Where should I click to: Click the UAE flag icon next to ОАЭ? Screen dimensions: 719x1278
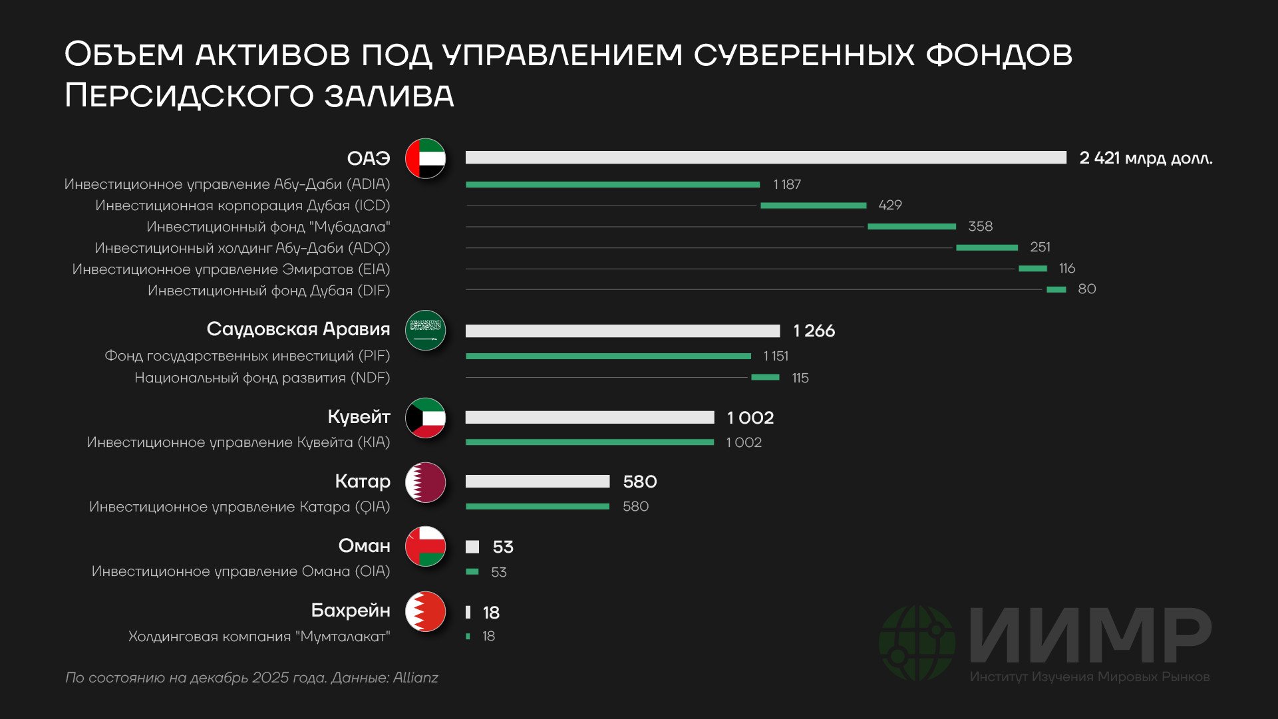pos(425,158)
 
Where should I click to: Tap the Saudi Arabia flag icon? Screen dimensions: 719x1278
pos(425,330)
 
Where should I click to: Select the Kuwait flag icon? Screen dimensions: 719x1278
pos(425,418)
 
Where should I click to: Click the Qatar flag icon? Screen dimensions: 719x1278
pos(425,482)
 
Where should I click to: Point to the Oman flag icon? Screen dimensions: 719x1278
pos(425,546)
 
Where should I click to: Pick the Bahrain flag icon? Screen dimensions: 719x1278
pos(425,611)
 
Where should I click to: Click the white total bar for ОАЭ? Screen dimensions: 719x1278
pos(765,158)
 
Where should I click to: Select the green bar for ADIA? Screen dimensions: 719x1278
pos(612,184)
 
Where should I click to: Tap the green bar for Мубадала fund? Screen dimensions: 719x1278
pos(911,227)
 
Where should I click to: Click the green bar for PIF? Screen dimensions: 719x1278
pos(608,357)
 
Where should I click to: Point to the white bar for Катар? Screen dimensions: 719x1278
pos(538,482)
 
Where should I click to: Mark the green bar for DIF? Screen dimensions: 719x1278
pos(1056,289)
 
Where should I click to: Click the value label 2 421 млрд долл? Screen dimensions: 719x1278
pos(1145,158)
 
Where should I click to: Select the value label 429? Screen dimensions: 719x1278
pos(889,205)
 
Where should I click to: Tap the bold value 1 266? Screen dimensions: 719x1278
pos(814,331)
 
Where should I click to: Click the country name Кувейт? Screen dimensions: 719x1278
pos(359,417)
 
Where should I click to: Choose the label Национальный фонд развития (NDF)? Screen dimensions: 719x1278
pos(262,378)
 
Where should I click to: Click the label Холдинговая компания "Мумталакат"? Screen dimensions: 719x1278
pos(259,637)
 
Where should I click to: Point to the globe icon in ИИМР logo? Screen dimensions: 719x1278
pos(917,642)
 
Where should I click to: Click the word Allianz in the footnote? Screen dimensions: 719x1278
pos(415,678)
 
